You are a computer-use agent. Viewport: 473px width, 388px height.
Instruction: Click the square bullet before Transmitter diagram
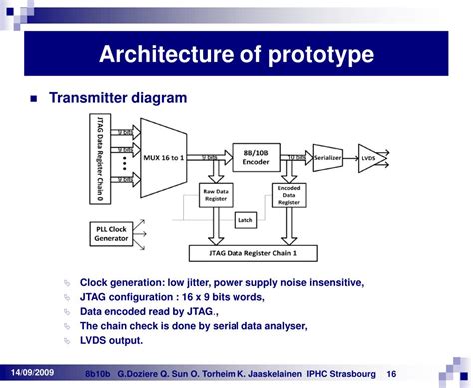pyautogui.click(x=36, y=99)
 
